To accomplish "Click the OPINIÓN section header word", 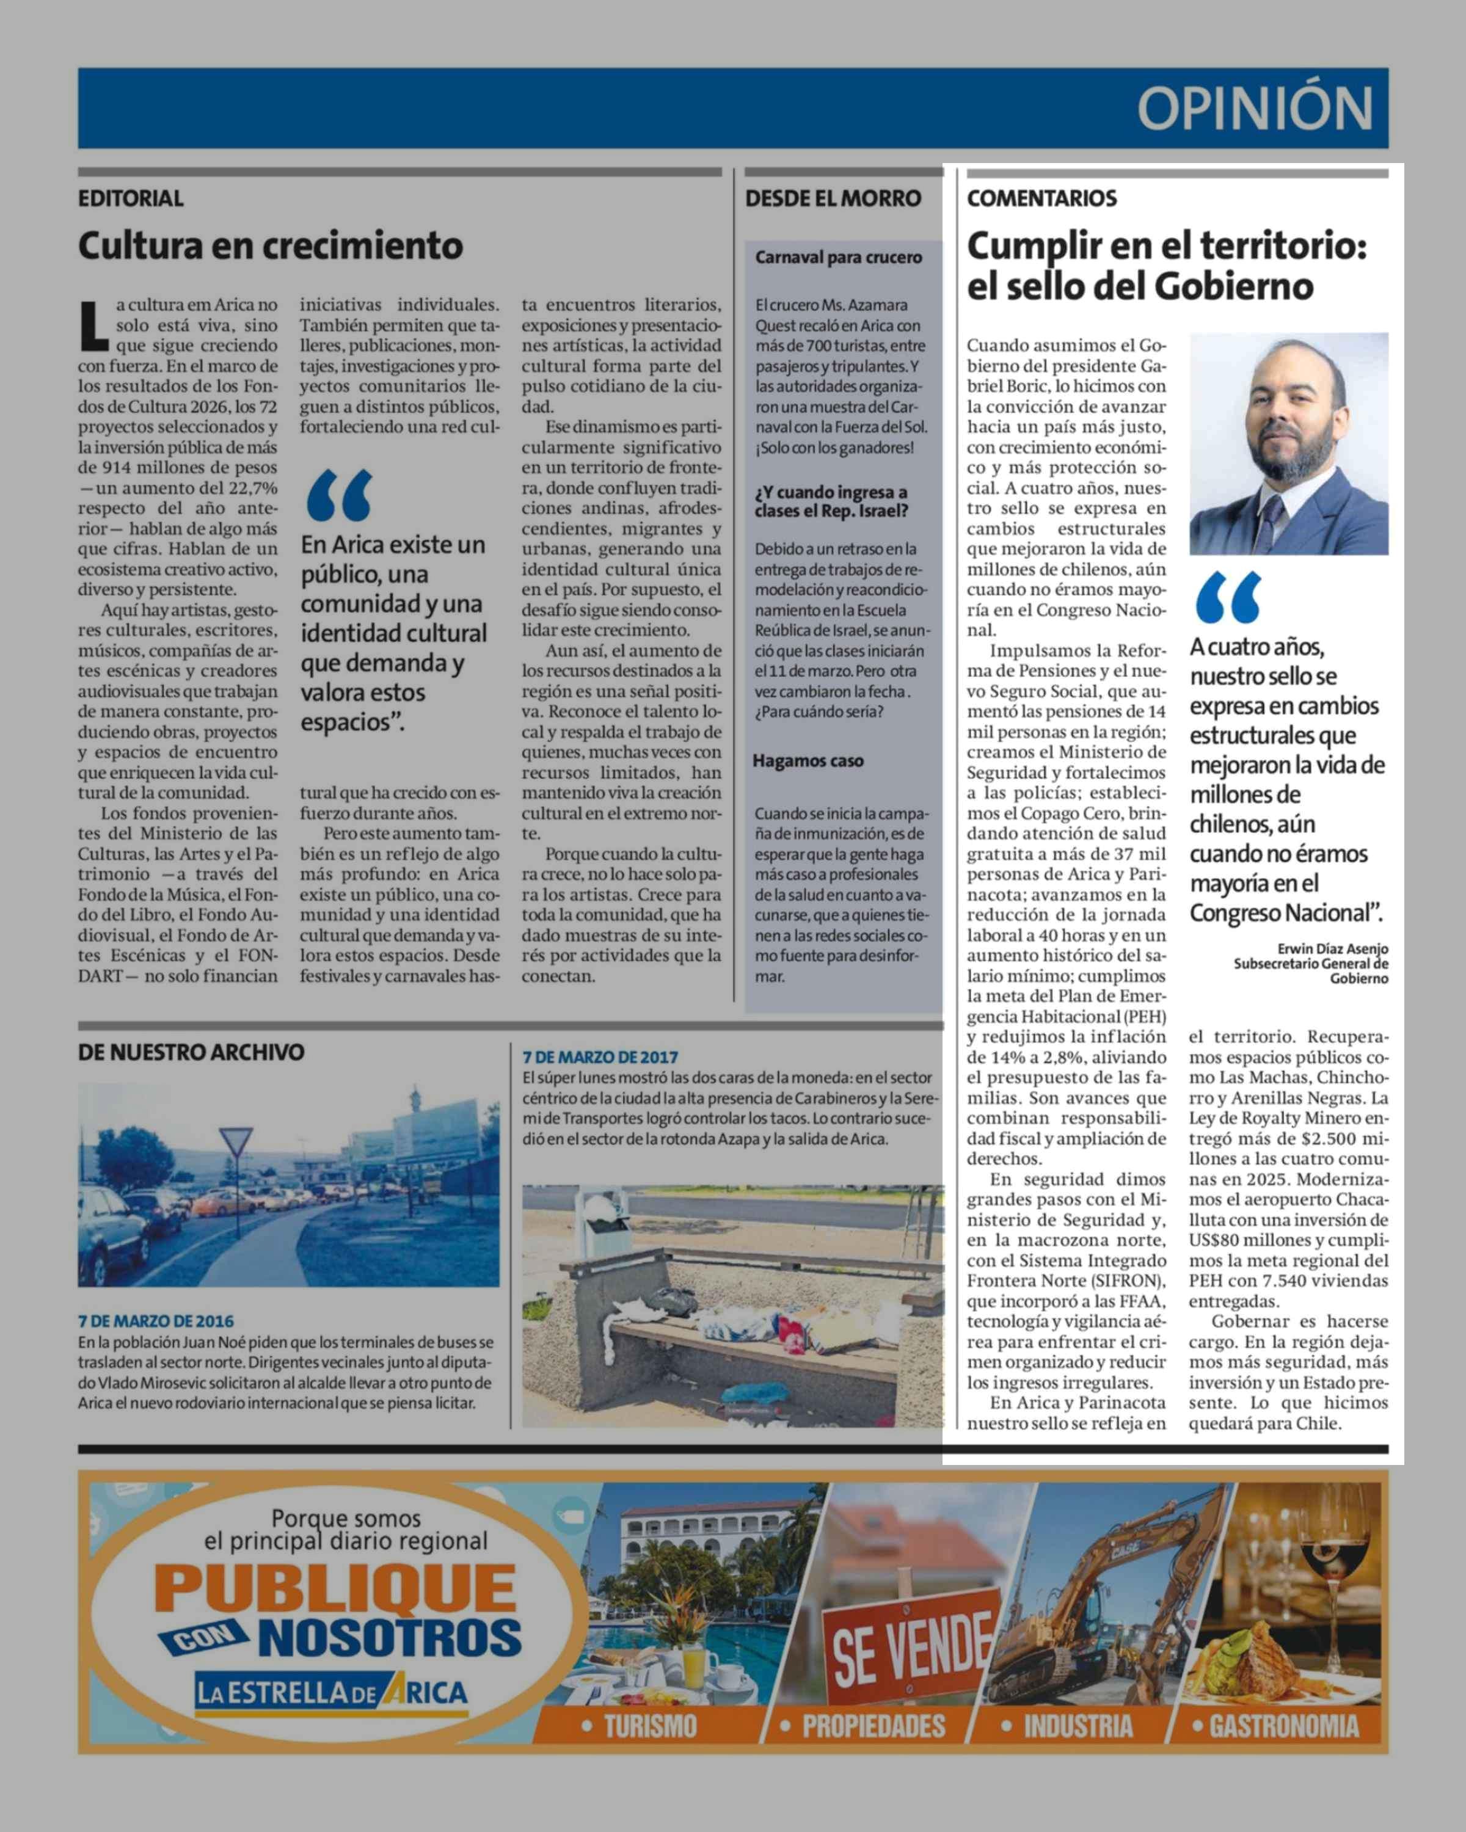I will point(1255,109).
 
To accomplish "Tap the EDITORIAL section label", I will point(131,199).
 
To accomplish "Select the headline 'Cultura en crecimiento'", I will point(270,247).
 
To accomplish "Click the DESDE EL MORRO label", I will point(833,199).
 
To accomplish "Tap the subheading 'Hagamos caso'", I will point(808,762).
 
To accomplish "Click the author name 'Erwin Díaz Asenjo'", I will point(1333,949).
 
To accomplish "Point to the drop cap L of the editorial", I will point(93,325).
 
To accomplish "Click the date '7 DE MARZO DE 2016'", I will point(156,1321).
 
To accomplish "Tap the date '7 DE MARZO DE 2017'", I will point(600,1057).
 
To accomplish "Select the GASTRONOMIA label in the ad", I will point(1283,1726).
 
